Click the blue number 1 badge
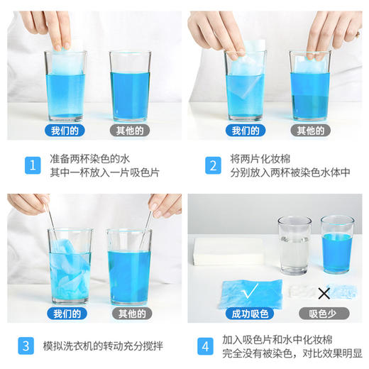coord(31,165)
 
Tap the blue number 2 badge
coord(211,165)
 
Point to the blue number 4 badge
coord(205,347)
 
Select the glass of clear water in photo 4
coord(293,245)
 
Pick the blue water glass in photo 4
coord(337,245)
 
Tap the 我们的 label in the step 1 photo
coord(65,131)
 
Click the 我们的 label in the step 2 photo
coord(245,131)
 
